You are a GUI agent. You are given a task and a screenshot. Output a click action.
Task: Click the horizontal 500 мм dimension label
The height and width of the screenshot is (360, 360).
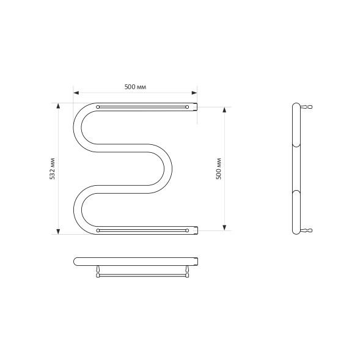tap(134, 87)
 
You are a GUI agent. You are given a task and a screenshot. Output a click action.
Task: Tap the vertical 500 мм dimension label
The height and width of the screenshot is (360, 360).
tap(219, 168)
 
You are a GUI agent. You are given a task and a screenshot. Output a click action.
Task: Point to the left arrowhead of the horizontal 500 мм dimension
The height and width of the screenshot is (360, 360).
tap(76, 93)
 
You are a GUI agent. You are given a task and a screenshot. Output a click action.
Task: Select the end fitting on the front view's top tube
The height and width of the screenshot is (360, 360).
tap(197, 107)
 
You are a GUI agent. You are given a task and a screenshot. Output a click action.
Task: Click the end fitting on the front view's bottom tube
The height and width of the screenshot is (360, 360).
tap(197, 230)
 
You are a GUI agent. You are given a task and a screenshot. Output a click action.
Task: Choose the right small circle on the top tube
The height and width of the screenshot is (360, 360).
tap(186, 107)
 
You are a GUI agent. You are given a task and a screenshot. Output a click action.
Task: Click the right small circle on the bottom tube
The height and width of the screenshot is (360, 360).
tap(186, 230)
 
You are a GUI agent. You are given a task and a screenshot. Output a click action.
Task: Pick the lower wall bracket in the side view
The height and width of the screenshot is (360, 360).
tap(308, 230)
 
